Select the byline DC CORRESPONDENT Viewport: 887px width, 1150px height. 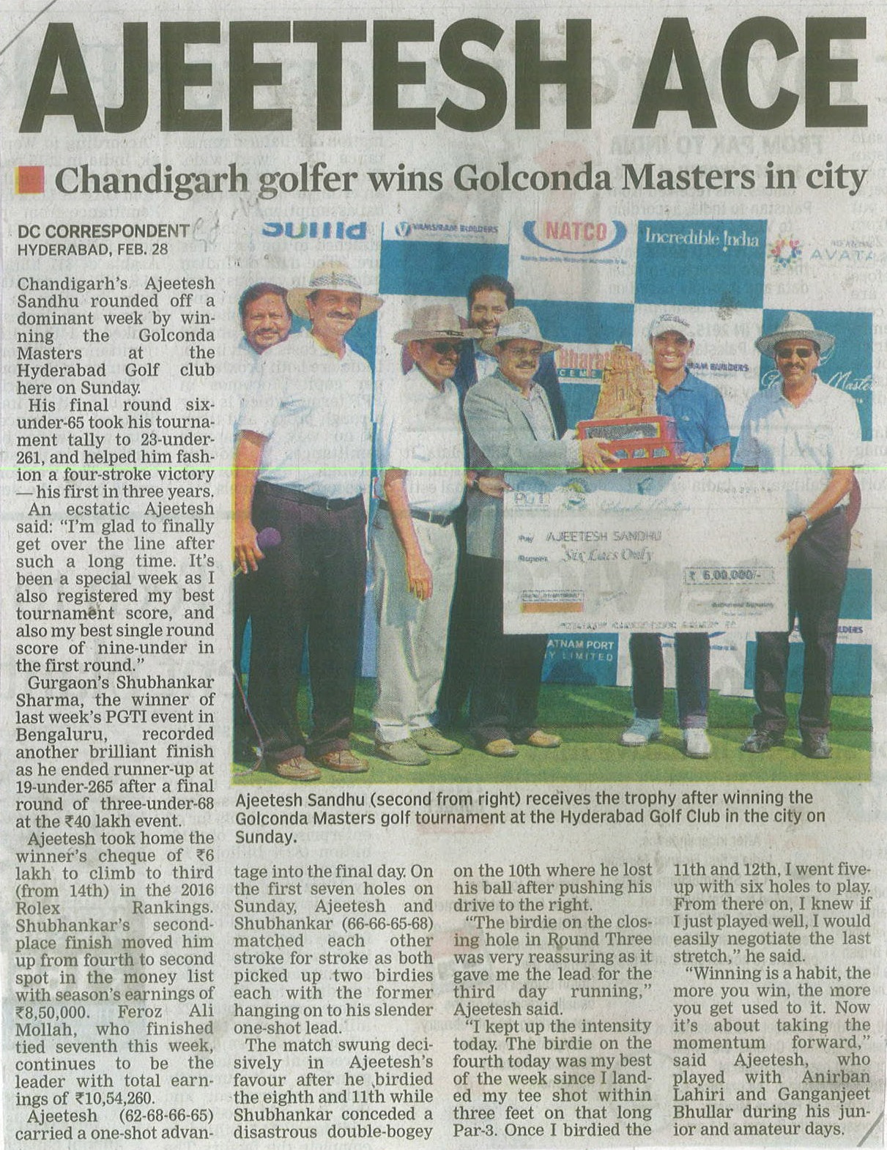(x=103, y=231)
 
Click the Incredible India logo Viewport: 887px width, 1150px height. (x=701, y=237)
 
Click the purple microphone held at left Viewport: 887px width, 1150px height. (x=267, y=540)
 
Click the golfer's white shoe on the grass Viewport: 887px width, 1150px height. (x=696, y=741)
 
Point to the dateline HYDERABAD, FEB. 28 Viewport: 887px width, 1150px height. (x=93, y=248)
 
